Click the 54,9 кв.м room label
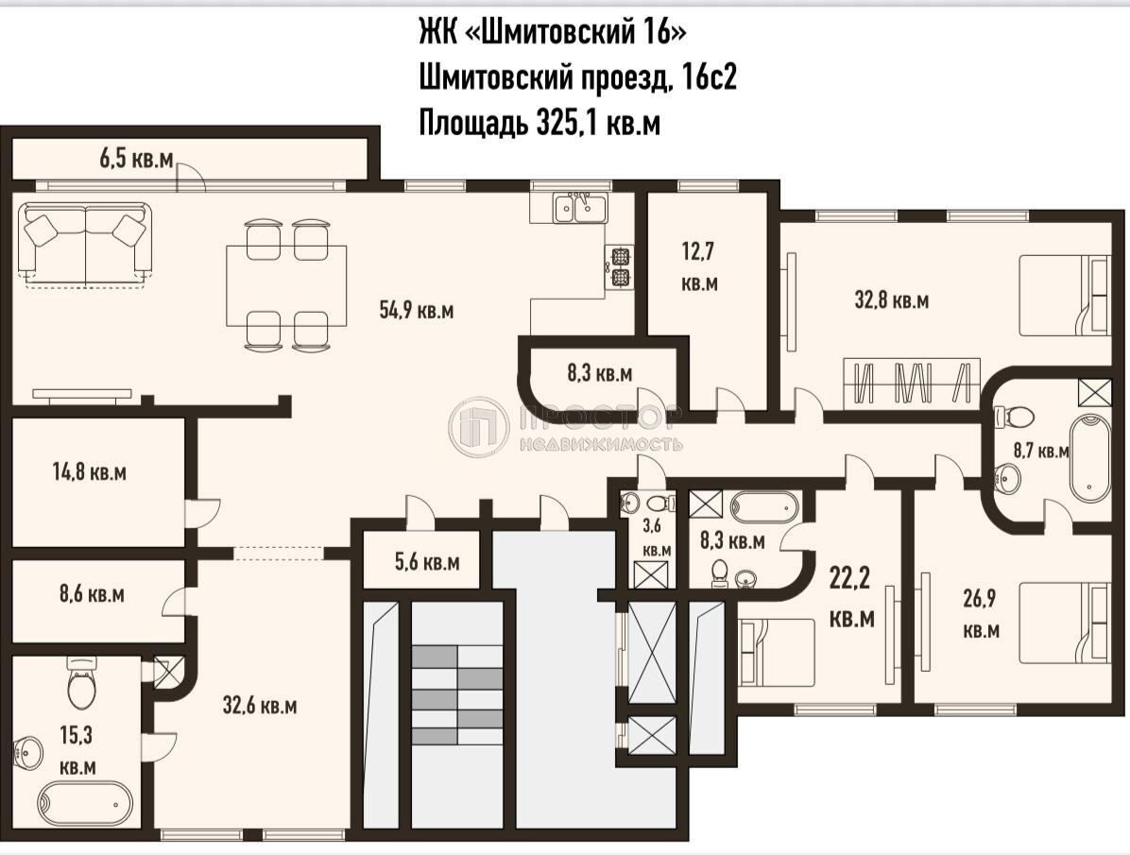coord(417,311)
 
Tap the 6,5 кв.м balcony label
coord(136,159)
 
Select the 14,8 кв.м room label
coord(90,472)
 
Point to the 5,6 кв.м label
coord(427,561)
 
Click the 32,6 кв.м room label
coord(260,705)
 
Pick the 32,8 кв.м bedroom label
coord(892,299)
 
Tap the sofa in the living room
coord(85,245)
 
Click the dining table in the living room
coord(286,286)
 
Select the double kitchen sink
coord(580,209)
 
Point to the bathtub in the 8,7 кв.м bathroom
coord(1089,459)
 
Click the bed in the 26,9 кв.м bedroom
coord(1064,623)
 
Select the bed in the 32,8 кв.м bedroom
coord(1064,296)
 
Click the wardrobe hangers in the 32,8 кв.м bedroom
coord(912,382)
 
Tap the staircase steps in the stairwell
coord(457,695)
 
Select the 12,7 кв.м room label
coord(699,267)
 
